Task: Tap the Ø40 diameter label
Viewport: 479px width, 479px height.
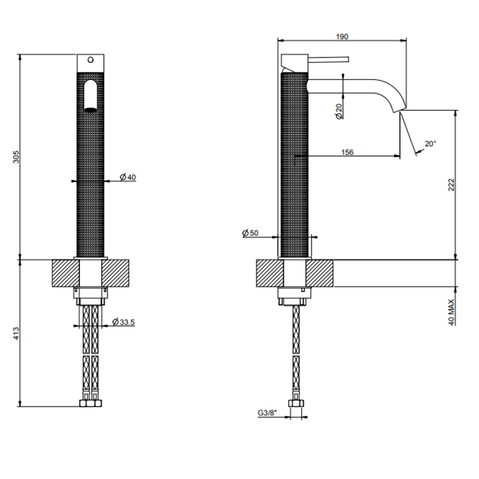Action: pyautogui.click(x=127, y=177)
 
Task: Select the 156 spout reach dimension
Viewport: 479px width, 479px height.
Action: pyautogui.click(x=346, y=152)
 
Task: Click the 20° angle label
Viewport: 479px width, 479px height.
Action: pyautogui.click(x=430, y=144)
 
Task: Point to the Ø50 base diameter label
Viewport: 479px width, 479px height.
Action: pyautogui.click(x=250, y=234)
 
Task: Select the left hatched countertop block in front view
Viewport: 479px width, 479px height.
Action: pyautogui.click(x=63, y=274)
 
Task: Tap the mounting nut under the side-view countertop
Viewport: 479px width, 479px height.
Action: pyautogui.click(x=296, y=296)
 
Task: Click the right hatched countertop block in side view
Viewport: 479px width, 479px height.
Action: pyautogui.click(x=322, y=274)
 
